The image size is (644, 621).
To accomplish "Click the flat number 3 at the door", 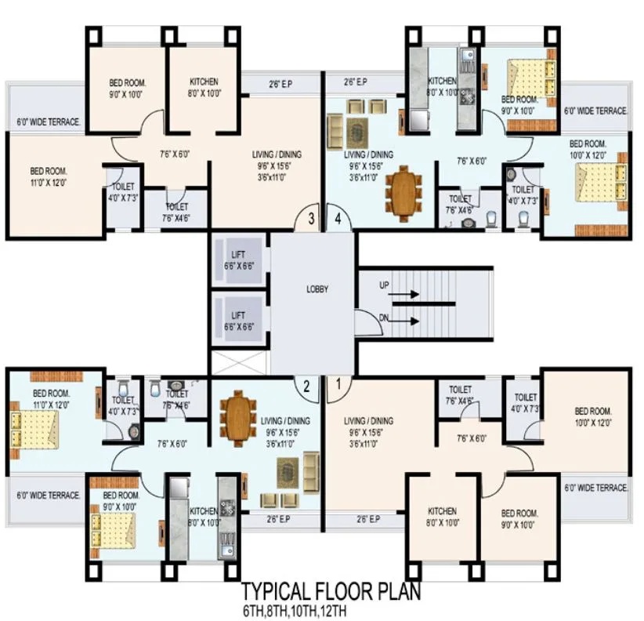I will (x=312, y=219).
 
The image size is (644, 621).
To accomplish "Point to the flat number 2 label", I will (x=307, y=384).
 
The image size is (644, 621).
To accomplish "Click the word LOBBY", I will (x=317, y=289).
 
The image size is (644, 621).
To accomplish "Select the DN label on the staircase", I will (x=384, y=318).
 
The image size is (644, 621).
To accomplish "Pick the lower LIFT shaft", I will (x=238, y=320).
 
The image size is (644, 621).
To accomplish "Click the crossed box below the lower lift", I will (x=238, y=362).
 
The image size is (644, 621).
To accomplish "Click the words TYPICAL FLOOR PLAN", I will (x=330, y=590).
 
